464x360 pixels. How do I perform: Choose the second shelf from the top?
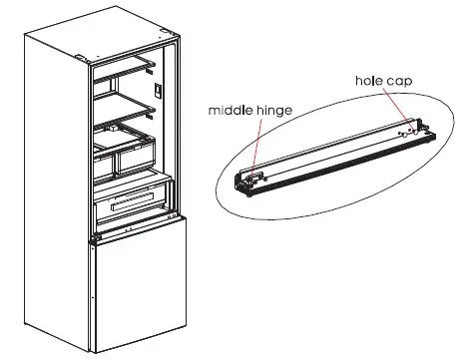tap(126, 99)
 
